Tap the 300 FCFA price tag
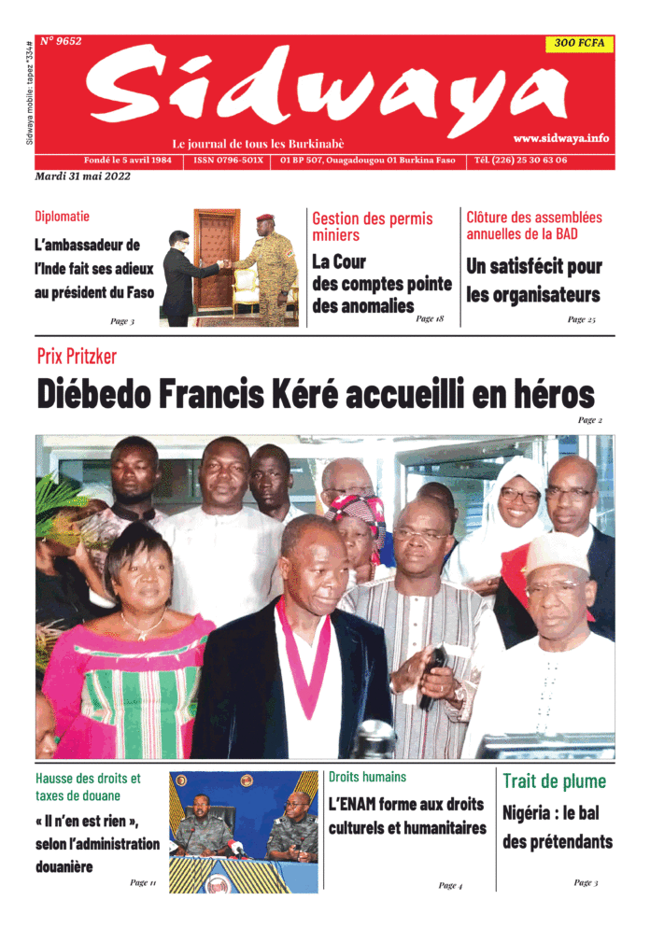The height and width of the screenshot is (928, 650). pos(579,43)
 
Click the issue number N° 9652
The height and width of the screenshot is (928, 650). pos(61,41)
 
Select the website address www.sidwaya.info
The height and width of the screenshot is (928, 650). pos(560,137)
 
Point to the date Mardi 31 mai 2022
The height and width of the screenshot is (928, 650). pos(82,176)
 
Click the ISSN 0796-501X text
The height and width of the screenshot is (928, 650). pos(229,160)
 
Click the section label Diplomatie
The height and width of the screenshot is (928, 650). pos(63,217)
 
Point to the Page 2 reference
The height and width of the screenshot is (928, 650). pos(589,420)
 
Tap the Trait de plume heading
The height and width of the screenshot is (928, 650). pos(554,781)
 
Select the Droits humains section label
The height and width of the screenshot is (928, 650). pos(367,777)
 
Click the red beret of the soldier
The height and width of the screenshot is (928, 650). pos(264,219)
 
